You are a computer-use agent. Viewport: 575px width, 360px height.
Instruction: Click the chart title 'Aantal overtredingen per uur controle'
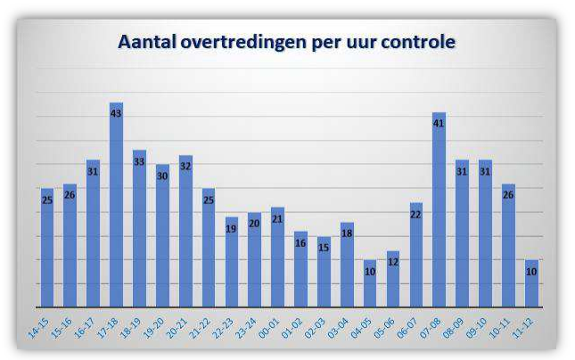(287, 42)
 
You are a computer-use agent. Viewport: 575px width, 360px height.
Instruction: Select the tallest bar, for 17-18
(116, 205)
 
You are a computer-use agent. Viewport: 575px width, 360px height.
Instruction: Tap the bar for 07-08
(439, 209)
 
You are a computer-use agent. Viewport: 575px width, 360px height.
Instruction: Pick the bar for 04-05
(370, 283)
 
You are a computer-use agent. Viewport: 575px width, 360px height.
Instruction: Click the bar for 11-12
(531, 283)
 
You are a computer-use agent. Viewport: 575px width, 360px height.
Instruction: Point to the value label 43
(116, 113)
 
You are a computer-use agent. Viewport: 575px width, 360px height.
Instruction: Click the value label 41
(439, 124)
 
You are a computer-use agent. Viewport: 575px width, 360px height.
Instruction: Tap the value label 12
(393, 264)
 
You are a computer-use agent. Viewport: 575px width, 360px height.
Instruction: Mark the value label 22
(416, 215)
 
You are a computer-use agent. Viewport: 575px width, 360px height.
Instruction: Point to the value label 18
(347, 233)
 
